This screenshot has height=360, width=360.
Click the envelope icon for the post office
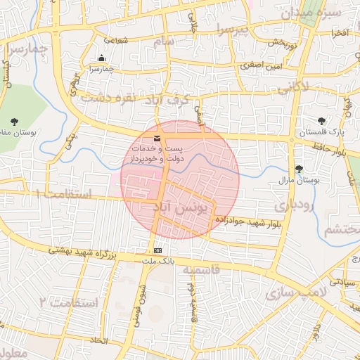157,138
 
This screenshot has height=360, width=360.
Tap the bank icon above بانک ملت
157,250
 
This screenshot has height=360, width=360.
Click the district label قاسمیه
201,270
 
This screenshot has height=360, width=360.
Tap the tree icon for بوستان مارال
300,169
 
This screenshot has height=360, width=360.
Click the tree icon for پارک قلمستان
321,121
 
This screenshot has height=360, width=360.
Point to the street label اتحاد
98,340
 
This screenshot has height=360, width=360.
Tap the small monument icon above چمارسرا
102,58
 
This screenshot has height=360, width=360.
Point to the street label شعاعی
116,40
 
